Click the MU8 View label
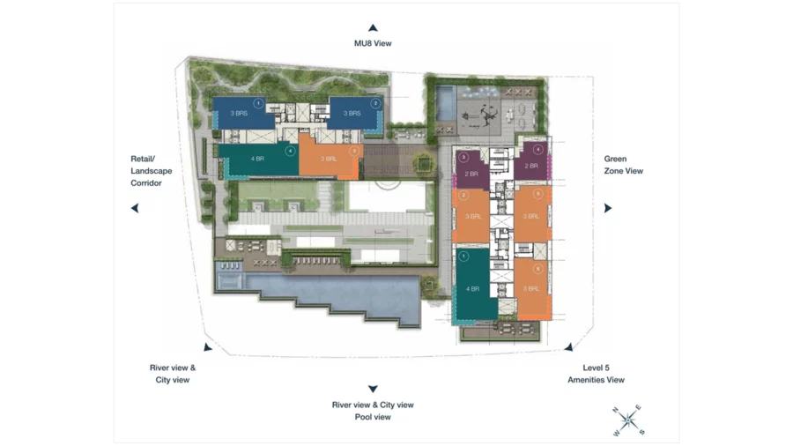tap(373, 42)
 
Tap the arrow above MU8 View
tap(373, 28)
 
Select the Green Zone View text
tap(623, 165)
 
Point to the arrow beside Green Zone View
tap(607, 208)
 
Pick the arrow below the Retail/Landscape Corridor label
tap(135, 208)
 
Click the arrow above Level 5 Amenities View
tap(569, 347)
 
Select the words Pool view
tap(373, 417)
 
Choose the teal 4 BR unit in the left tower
tap(257, 160)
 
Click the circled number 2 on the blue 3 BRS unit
tap(375, 103)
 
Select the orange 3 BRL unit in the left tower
tap(330, 158)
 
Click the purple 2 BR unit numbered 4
tap(531, 165)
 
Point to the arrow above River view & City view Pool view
tap(373, 389)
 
